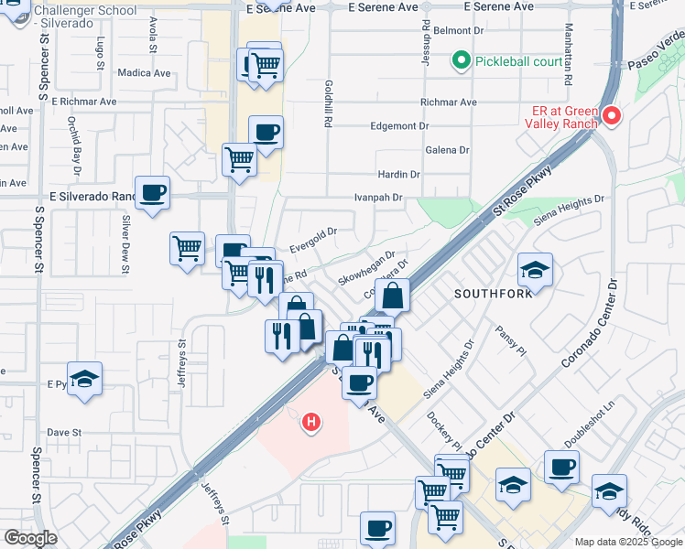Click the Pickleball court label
click(x=518, y=62)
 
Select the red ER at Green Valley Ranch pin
click(x=611, y=116)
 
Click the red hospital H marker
click(x=311, y=422)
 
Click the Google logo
click(x=30, y=538)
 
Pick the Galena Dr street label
click(x=448, y=150)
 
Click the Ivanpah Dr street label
click(x=379, y=198)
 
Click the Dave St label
click(x=65, y=432)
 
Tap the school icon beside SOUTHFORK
click(x=535, y=270)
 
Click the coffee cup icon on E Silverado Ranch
click(x=153, y=193)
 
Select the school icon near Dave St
click(x=84, y=379)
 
